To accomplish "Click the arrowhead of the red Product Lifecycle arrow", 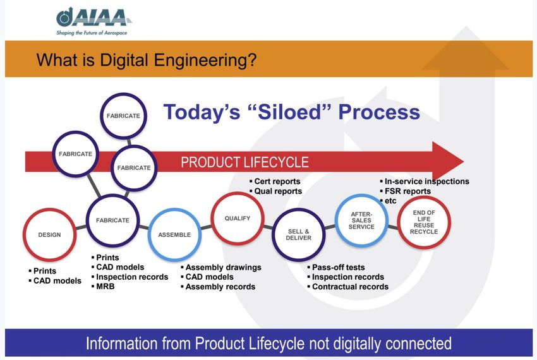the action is [448, 162].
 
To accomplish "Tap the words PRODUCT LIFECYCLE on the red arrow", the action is [245, 162].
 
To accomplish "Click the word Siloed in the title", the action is [292, 112].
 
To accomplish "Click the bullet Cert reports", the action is [275, 181].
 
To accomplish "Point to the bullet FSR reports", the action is [406, 191].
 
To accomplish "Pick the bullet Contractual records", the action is [348, 287].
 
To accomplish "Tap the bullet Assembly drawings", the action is [221, 267].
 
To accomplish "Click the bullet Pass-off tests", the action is [336, 267].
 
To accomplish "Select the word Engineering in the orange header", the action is [205, 60].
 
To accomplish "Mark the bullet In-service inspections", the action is [425, 181].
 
